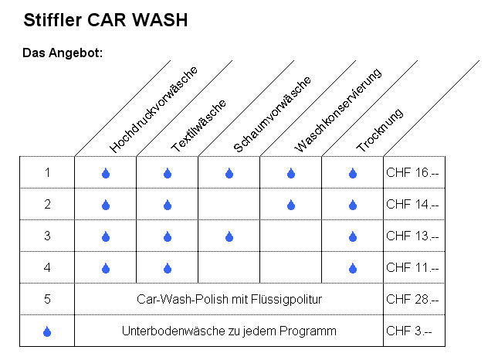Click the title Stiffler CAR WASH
click(x=106, y=20)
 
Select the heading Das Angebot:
click(x=63, y=53)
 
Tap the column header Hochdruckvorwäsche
click(x=154, y=109)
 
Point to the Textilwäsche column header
click(x=198, y=125)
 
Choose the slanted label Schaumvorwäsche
click(x=272, y=114)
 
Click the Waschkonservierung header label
click(x=338, y=110)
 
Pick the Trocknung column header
click(x=380, y=130)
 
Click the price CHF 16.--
click(x=412, y=172)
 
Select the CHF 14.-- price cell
click(x=412, y=204)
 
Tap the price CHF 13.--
click(x=412, y=236)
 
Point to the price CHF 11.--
click(x=412, y=268)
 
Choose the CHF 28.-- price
click(x=412, y=299)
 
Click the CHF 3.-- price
click(x=408, y=331)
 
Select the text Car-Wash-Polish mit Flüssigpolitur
click(x=229, y=299)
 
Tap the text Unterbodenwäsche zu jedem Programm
click(x=229, y=331)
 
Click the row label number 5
click(x=47, y=299)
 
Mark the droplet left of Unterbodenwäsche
click(x=47, y=331)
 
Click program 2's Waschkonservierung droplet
click(x=291, y=205)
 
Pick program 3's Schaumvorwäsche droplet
click(x=229, y=236)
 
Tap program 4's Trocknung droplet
click(x=353, y=269)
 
